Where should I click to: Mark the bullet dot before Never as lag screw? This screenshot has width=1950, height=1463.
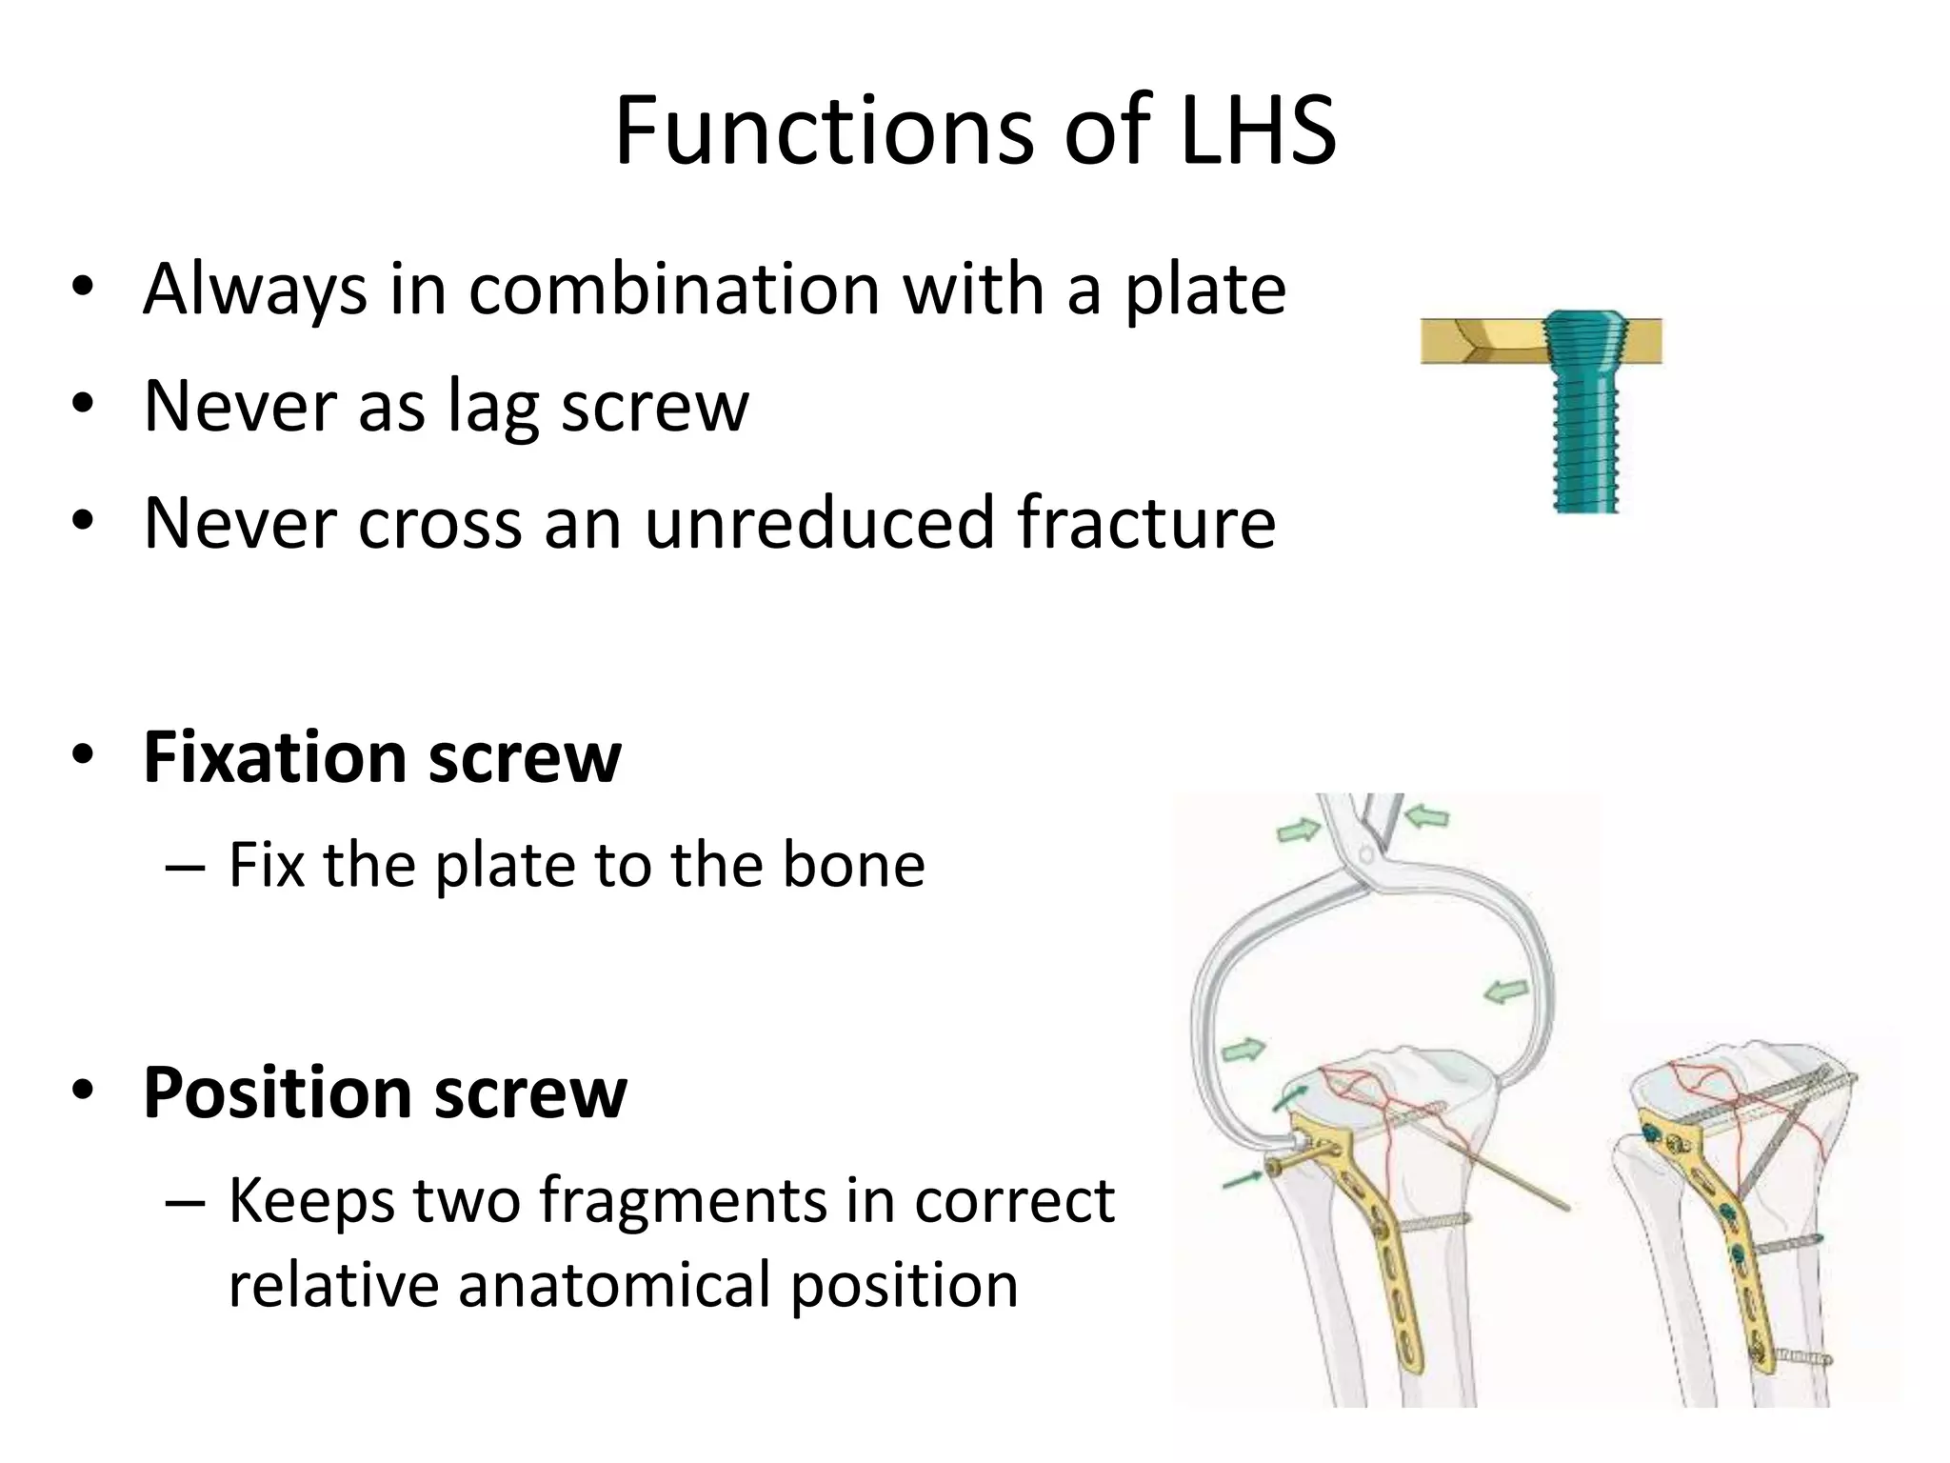tap(83, 404)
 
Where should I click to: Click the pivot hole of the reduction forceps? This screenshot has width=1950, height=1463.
tap(1365, 854)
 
